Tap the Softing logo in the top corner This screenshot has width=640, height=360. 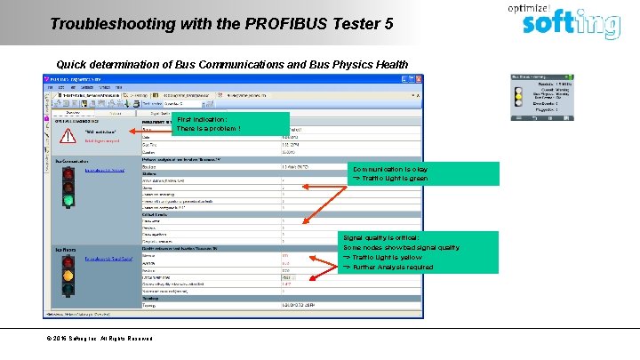coord(569,24)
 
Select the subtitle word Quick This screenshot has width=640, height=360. coord(74,65)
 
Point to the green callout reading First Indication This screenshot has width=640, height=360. coord(232,124)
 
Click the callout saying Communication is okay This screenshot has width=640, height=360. coord(400,173)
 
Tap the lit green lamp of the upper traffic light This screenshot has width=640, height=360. coord(68,200)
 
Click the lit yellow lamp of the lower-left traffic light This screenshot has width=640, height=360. coord(68,275)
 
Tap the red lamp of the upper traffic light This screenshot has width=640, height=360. coord(68,173)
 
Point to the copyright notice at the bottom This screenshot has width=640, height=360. coord(100,339)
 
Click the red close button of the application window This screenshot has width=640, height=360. coord(418,80)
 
